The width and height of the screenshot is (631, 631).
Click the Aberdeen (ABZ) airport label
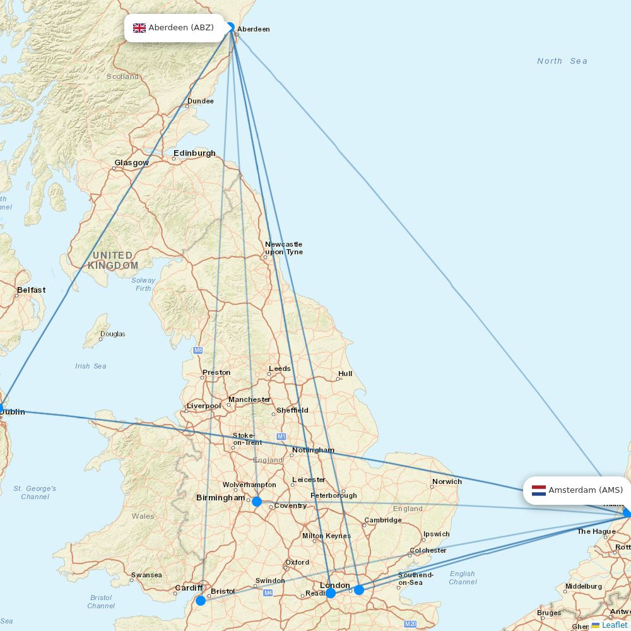[x=180, y=28]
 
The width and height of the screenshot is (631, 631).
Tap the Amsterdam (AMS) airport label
[x=585, y=490]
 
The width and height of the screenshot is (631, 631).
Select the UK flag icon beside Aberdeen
[x=139, y=28]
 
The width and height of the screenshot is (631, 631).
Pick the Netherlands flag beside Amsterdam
[x=539, y=490]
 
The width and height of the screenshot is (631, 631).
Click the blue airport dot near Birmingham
[x=257, y=502]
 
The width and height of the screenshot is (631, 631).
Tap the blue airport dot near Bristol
[x=201, y=601]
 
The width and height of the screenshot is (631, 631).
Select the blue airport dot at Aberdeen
[x=230, y=27]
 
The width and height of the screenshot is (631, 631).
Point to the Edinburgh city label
[x=194, y=153]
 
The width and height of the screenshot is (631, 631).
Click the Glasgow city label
[x=131, y=163]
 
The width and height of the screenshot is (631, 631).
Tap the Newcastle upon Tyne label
[x=283, y=248]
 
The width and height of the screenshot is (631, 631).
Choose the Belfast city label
[x=31, y=290]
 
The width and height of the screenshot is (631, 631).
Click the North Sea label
[x=562, y=61]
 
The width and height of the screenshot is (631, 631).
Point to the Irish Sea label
[x=91, y=366]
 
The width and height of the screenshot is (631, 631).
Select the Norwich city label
[x=447, y=481]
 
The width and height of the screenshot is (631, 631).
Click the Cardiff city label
[x=189, y=588]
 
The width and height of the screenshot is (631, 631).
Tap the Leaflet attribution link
[x=614, y=625]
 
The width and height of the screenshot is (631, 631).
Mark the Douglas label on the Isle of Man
[x=112, y=334]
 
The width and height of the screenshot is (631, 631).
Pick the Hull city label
[x=345, y=374]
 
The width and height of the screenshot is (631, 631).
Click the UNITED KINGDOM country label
[x=113, y=260]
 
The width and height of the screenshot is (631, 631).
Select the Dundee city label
[x=200, y=101]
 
